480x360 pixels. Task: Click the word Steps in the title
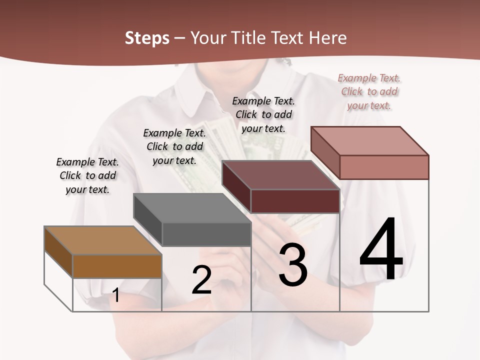147,38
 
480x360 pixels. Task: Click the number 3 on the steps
293,265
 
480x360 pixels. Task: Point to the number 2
202,280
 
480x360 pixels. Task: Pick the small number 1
116,295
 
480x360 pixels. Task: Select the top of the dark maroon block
280,175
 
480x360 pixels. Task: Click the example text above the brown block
87,175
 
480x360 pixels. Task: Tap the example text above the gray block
174,146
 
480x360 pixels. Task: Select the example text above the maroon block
263,114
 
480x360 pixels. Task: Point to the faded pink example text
369,91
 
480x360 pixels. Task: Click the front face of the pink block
384,167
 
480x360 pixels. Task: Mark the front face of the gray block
206,234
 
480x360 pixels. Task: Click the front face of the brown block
117,266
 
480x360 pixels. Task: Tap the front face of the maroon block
295,201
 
